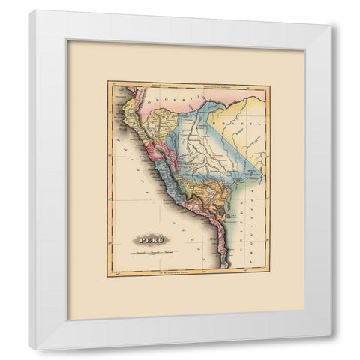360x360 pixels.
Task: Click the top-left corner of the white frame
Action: (30, 10)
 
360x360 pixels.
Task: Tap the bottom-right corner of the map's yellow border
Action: (270, 276)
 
